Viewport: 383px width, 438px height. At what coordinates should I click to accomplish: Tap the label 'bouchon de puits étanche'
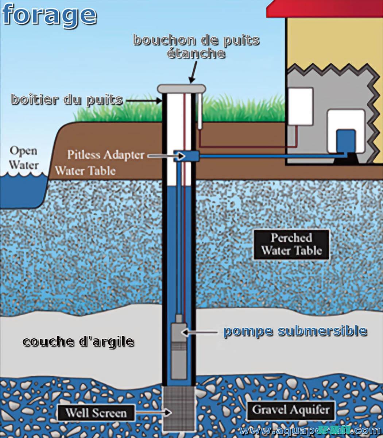pos(196,46)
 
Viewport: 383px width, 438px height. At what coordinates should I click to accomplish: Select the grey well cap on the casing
pos(181,88)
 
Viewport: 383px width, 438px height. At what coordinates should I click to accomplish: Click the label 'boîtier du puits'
pos(67,99)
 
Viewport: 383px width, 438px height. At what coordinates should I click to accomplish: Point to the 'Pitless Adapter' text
pos(105,155)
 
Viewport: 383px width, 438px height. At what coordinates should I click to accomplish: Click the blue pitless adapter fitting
pos(186,156)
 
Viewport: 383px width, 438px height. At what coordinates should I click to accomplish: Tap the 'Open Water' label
pos(23,157)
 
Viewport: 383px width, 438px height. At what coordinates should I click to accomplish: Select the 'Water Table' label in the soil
pos(85,170)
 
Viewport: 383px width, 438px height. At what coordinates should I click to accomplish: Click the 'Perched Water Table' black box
pos(291,244)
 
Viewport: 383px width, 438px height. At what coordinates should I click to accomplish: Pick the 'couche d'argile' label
pos(78,342)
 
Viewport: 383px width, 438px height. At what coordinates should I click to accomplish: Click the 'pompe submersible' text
pos(295,331)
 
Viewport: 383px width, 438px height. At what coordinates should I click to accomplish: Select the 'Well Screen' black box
pos(96,413)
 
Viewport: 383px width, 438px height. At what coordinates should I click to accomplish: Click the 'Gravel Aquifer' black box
pos(290,409)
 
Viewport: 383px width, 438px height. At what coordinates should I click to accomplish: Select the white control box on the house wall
pos(301,106)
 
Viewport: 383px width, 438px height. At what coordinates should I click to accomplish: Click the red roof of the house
pos(325,9)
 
